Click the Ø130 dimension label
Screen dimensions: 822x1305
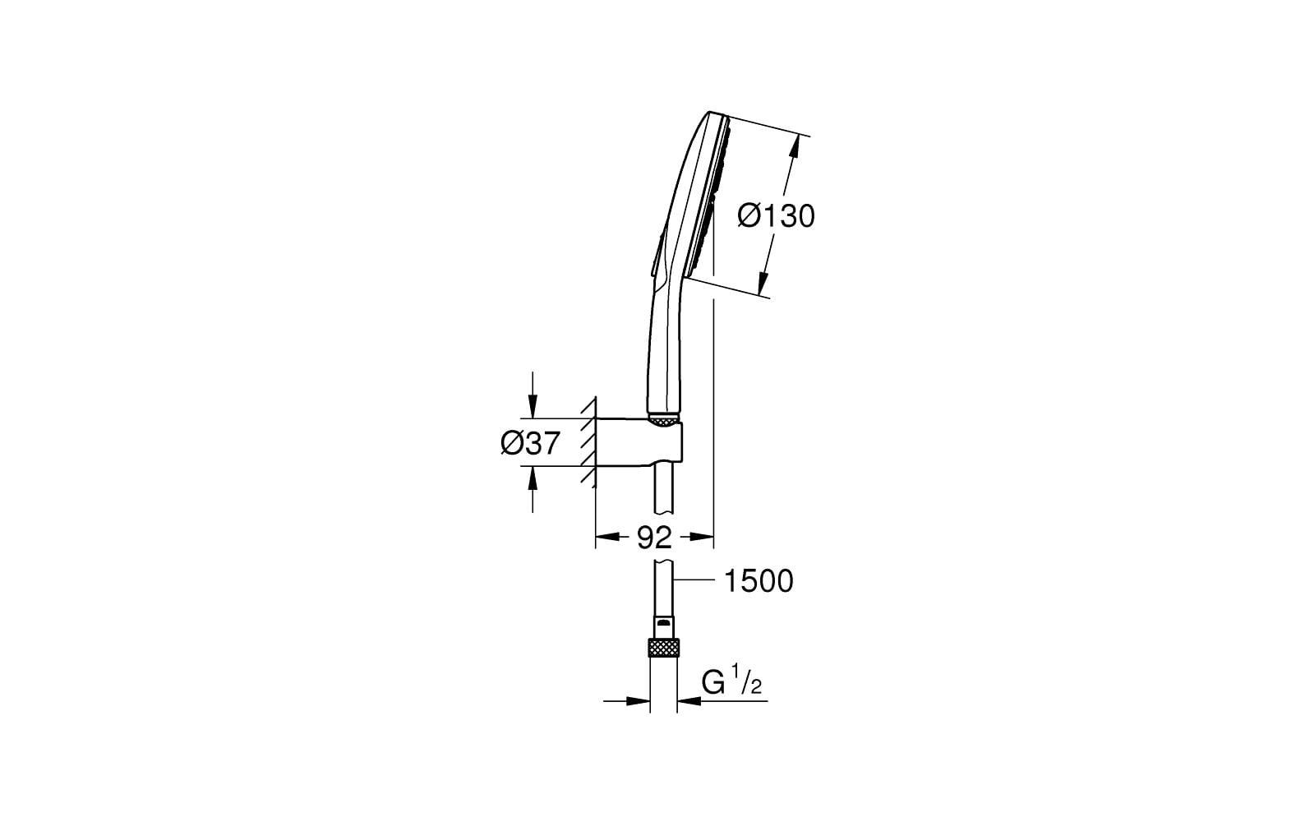(x=776, y=216)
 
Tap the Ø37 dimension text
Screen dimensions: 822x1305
(x=530, y=444)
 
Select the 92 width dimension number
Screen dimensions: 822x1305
(x=655, y=538)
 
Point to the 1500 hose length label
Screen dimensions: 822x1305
(x=758, y=581)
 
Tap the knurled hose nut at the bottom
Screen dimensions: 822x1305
(x=664, y=648)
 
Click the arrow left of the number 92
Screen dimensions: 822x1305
(x=606, y=538)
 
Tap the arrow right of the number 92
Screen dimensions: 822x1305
(x=701, y=538)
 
